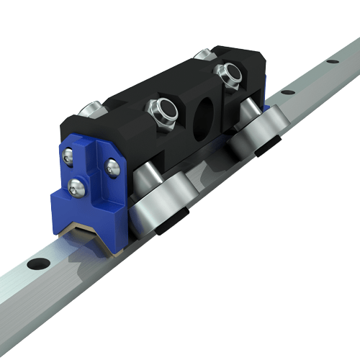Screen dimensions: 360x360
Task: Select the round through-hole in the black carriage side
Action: click(x=202, y=115)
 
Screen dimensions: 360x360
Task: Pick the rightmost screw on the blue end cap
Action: click(x=114, y=167)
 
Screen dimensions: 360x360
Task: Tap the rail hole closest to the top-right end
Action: click(x=332, y=61)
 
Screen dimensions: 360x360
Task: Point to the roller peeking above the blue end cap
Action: click(x=91, y=109)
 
